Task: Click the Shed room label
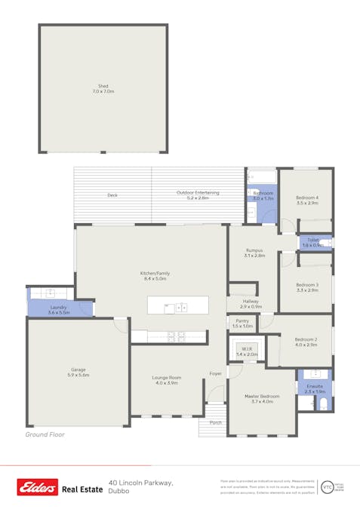click(103, 87)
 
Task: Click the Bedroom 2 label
click(306, 339)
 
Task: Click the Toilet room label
click(312, 241)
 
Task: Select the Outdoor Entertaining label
click(198, 193)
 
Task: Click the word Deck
click(112, 195)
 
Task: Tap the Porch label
click(216, 423)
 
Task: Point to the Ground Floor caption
click(45, 435)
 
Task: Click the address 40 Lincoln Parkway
click(141, 482)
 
